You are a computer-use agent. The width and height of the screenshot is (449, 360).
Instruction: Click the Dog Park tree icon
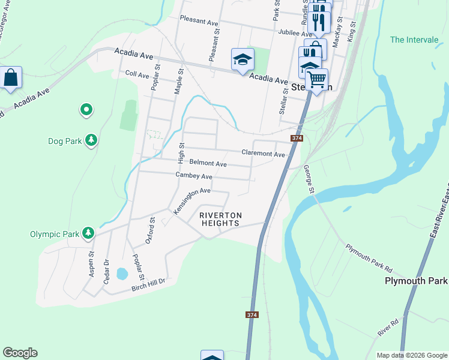(x=91, y=141)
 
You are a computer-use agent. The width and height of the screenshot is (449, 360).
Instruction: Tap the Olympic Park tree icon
(x=88, y=233)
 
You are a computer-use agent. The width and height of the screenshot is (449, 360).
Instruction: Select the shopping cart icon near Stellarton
(x=316, y=79)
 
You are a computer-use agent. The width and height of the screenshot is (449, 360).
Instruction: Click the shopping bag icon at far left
(x=10, y=78)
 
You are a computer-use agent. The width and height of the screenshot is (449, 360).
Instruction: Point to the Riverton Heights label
(x=220, y=219)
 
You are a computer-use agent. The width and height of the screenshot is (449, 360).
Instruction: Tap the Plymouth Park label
(x=416, y=281)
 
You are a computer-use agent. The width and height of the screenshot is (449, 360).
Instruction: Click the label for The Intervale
(x=414, y=40)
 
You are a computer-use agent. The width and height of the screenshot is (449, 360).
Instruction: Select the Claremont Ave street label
(x=263, y=154)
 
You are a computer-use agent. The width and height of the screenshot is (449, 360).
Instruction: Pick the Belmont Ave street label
(x=208, y=163)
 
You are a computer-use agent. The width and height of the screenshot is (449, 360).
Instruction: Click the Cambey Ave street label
(x=194, y=176)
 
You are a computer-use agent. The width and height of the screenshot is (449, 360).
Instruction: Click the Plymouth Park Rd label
(x=369, y=256)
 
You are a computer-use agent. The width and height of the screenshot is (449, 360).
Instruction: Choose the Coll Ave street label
(x=137, y=75)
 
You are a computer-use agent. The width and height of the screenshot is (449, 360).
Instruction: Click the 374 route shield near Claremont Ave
(x=297, y=139)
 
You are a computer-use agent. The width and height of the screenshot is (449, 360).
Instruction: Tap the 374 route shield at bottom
(x=252, y=315)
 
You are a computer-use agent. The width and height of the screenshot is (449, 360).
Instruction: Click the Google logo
(x=20, y=353)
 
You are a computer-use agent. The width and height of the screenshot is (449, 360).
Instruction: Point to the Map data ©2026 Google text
(x=411, y=355)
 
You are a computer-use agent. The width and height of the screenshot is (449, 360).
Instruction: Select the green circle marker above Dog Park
(x=86, y=109)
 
